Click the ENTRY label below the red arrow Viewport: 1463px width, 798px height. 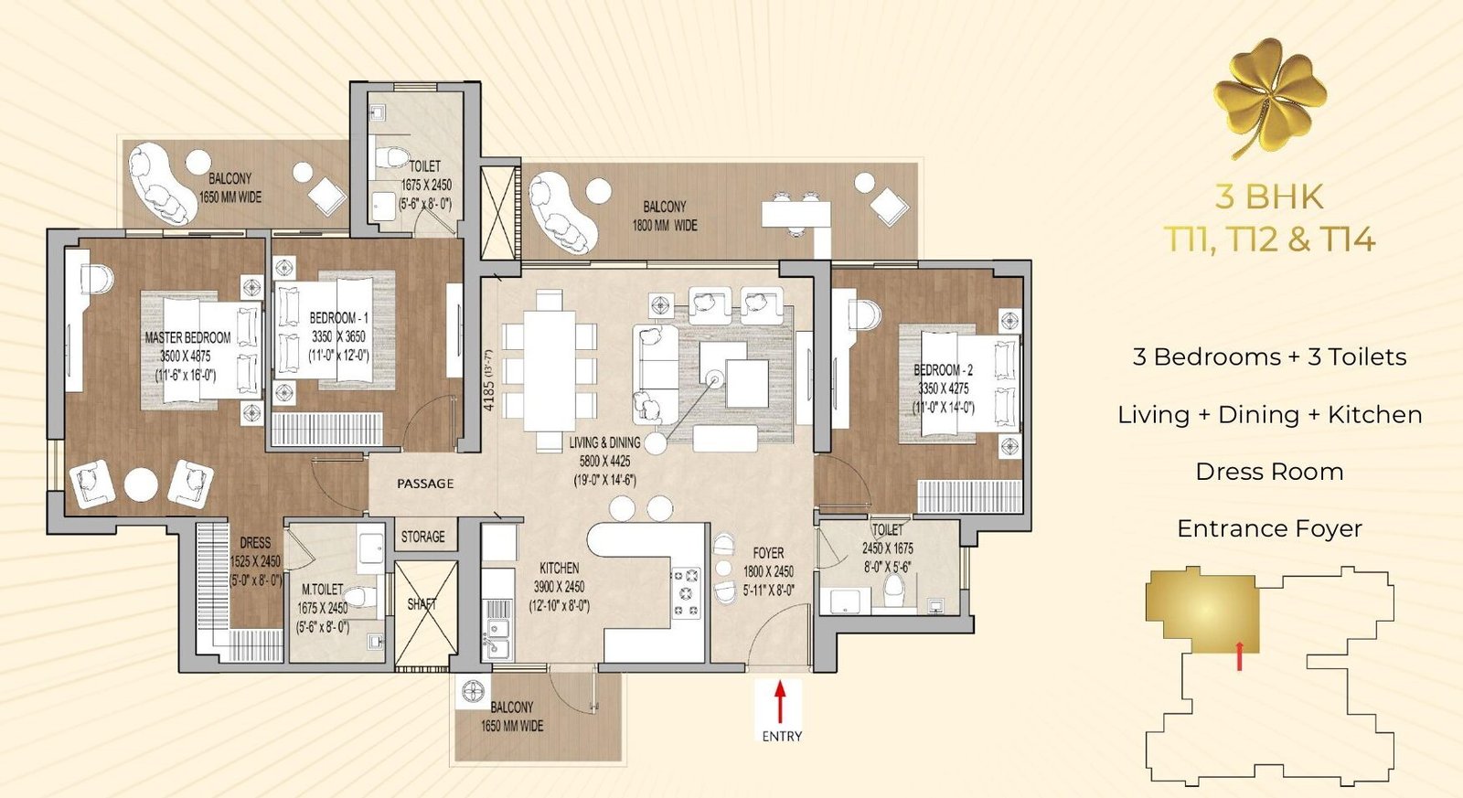pyautogui.click(x=782, y=736)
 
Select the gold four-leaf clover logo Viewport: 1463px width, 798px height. pyautogui.click(x=1270, y=98)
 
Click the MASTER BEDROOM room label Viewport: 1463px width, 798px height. pyautogui.click(x=187, y=337)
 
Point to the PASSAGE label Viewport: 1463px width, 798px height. pyautogui.click(x=425, y=484)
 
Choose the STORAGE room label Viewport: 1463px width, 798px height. pyautogui.click(x=422, y=537)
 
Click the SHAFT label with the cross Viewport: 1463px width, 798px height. pyautogui.click(x=422, y=604)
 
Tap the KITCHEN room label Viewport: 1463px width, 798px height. pyautogui.click(x=559, y=569)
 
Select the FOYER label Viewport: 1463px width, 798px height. pyautogui.click(x=768, y=553)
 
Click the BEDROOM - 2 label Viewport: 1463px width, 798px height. pyautogui.click(x=943, y=370)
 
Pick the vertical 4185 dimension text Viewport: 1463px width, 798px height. pyautogui.click(x=489, y=381)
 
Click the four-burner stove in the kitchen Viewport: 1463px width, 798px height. pyautogui.click(x=686, y=593)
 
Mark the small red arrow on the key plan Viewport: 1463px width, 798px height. pyautogui.click(x=1239, y=655)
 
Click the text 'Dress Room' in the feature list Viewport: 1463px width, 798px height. pyautogui.click(x=1270, y=472)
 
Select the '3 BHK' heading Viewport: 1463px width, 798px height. pyautogui.click(x=1270, y=197)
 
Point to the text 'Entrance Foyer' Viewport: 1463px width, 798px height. pyautogui.click(x=1270, y=528)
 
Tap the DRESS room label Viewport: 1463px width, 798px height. pyautogui.click(x=255, y=543)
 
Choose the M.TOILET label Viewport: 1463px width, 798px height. pyautogui.click(x=322, y=590)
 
